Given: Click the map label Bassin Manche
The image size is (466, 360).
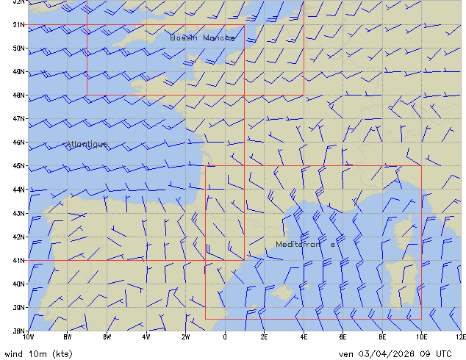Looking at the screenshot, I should point(202,37).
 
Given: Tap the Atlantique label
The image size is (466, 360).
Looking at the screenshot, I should point(87,144).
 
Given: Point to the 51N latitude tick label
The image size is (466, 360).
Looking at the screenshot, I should point(20,24).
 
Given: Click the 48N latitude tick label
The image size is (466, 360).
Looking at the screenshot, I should point(20,95).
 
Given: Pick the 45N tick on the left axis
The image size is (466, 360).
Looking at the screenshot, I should point(20,165).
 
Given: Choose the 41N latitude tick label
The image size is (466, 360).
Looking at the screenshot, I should point(20,260).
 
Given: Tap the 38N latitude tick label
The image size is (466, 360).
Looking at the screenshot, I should point(20,331).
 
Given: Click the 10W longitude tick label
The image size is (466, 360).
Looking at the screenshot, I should point(28,337).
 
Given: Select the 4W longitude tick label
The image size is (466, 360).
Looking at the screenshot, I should point(146,337).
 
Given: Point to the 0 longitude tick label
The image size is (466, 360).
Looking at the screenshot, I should point(225,337).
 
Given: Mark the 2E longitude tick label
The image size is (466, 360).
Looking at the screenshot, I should point(265,337).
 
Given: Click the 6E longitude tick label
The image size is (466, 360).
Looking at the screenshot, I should point(343,337).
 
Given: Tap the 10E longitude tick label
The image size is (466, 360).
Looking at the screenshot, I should point(421,337).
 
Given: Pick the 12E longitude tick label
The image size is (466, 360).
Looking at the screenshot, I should point(460,337).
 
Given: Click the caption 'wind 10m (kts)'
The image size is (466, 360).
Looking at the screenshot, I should point(38,353).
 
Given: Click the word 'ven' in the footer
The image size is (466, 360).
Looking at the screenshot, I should point(346,353).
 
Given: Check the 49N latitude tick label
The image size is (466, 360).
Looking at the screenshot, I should point(20,71).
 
